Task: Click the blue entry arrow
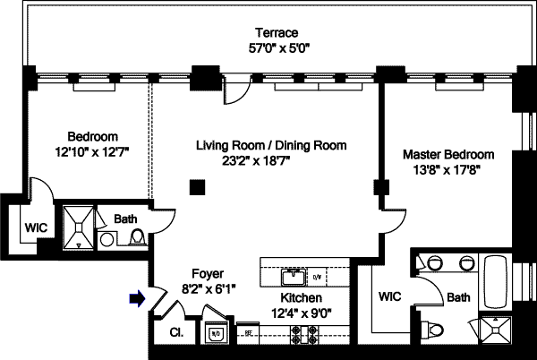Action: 137,299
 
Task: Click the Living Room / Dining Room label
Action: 271,145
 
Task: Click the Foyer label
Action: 208,274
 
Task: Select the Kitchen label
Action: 302,297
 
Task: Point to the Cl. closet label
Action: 175,333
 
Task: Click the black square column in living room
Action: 197,186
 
